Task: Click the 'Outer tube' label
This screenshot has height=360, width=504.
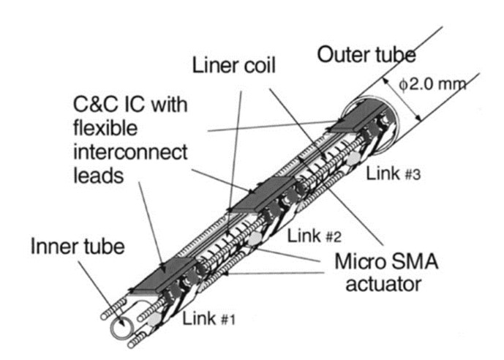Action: pyautogui.click(x=366, y=55)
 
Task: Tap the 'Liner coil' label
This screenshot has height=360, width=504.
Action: pyautogui.click(x=233, y=65)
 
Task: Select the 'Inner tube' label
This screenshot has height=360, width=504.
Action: pyautogui.click(x=78, y=247)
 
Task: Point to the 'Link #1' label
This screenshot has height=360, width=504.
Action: pyautogui.click(x=209, y=318)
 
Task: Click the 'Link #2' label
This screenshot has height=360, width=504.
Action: pyautogui.click(x=314, y=236)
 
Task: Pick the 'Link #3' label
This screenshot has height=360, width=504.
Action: pyautogui.click(x=394, y=174)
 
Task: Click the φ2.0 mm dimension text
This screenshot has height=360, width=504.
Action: pyautogui.click(x=432, y=85)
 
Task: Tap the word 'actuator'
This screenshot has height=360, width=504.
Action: pyautogui.click(x=383, y=285)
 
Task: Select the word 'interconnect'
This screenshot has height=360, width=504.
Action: pyautogui.click(x=130, y=151)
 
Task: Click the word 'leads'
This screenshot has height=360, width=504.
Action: pyautogui.click(x=98, y=176)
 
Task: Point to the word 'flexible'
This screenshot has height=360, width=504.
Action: pyautogui.click(x=105, y=128)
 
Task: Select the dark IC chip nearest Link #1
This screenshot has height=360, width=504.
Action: pyautogui.click(x=164, y=275)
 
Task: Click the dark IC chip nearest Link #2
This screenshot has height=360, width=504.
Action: pyautogui.click(x=262, y=195)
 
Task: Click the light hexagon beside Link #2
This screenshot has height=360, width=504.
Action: pyautogui.click(x=255, y=239)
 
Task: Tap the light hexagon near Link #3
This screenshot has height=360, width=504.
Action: pyautogui.click(x=353, y=158)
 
